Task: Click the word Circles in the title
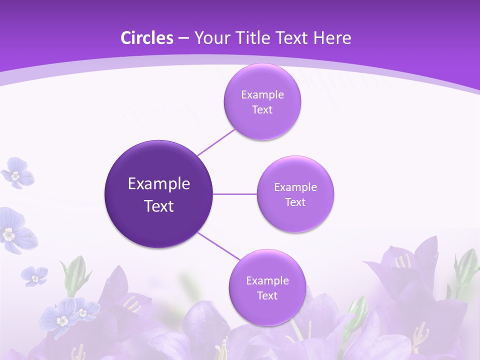click(147, 38)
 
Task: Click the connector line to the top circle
click(216, 142)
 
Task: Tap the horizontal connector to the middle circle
click(235, 194)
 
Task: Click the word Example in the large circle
click(159, 184)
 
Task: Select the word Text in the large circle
click(159, 206)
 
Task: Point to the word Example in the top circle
click(262, 94)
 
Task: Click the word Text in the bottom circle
click(267, 295)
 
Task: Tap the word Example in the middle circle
click(295, 187)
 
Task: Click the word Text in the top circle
click(262, 109)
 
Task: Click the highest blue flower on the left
click(17, 172)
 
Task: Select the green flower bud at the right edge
click(466, 265)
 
